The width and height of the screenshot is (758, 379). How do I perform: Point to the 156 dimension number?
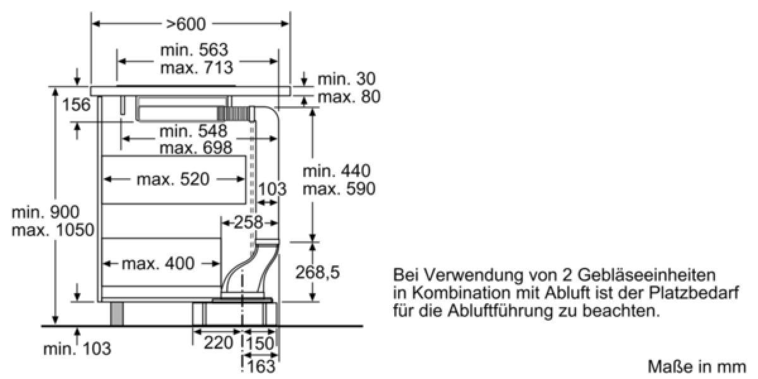(x=76, y=105)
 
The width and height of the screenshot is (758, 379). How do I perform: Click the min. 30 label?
(x=346, y=79)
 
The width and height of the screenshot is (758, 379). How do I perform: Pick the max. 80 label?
(x=348, y=97)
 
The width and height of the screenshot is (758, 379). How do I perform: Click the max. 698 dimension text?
(x=195, y=148)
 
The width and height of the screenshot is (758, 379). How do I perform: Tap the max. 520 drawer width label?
(x=172, y=179)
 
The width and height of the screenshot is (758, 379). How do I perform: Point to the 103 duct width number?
(x=272, y=188)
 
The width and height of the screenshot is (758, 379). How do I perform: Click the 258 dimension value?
(x=248, y=222)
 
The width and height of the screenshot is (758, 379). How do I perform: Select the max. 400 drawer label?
(x=158, y=263)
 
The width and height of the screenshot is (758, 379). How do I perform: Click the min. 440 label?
(x=336, y=171)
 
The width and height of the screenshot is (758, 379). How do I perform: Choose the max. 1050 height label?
(x=52, y=230)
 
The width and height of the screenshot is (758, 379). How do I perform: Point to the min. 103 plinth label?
(x=76, y=349)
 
